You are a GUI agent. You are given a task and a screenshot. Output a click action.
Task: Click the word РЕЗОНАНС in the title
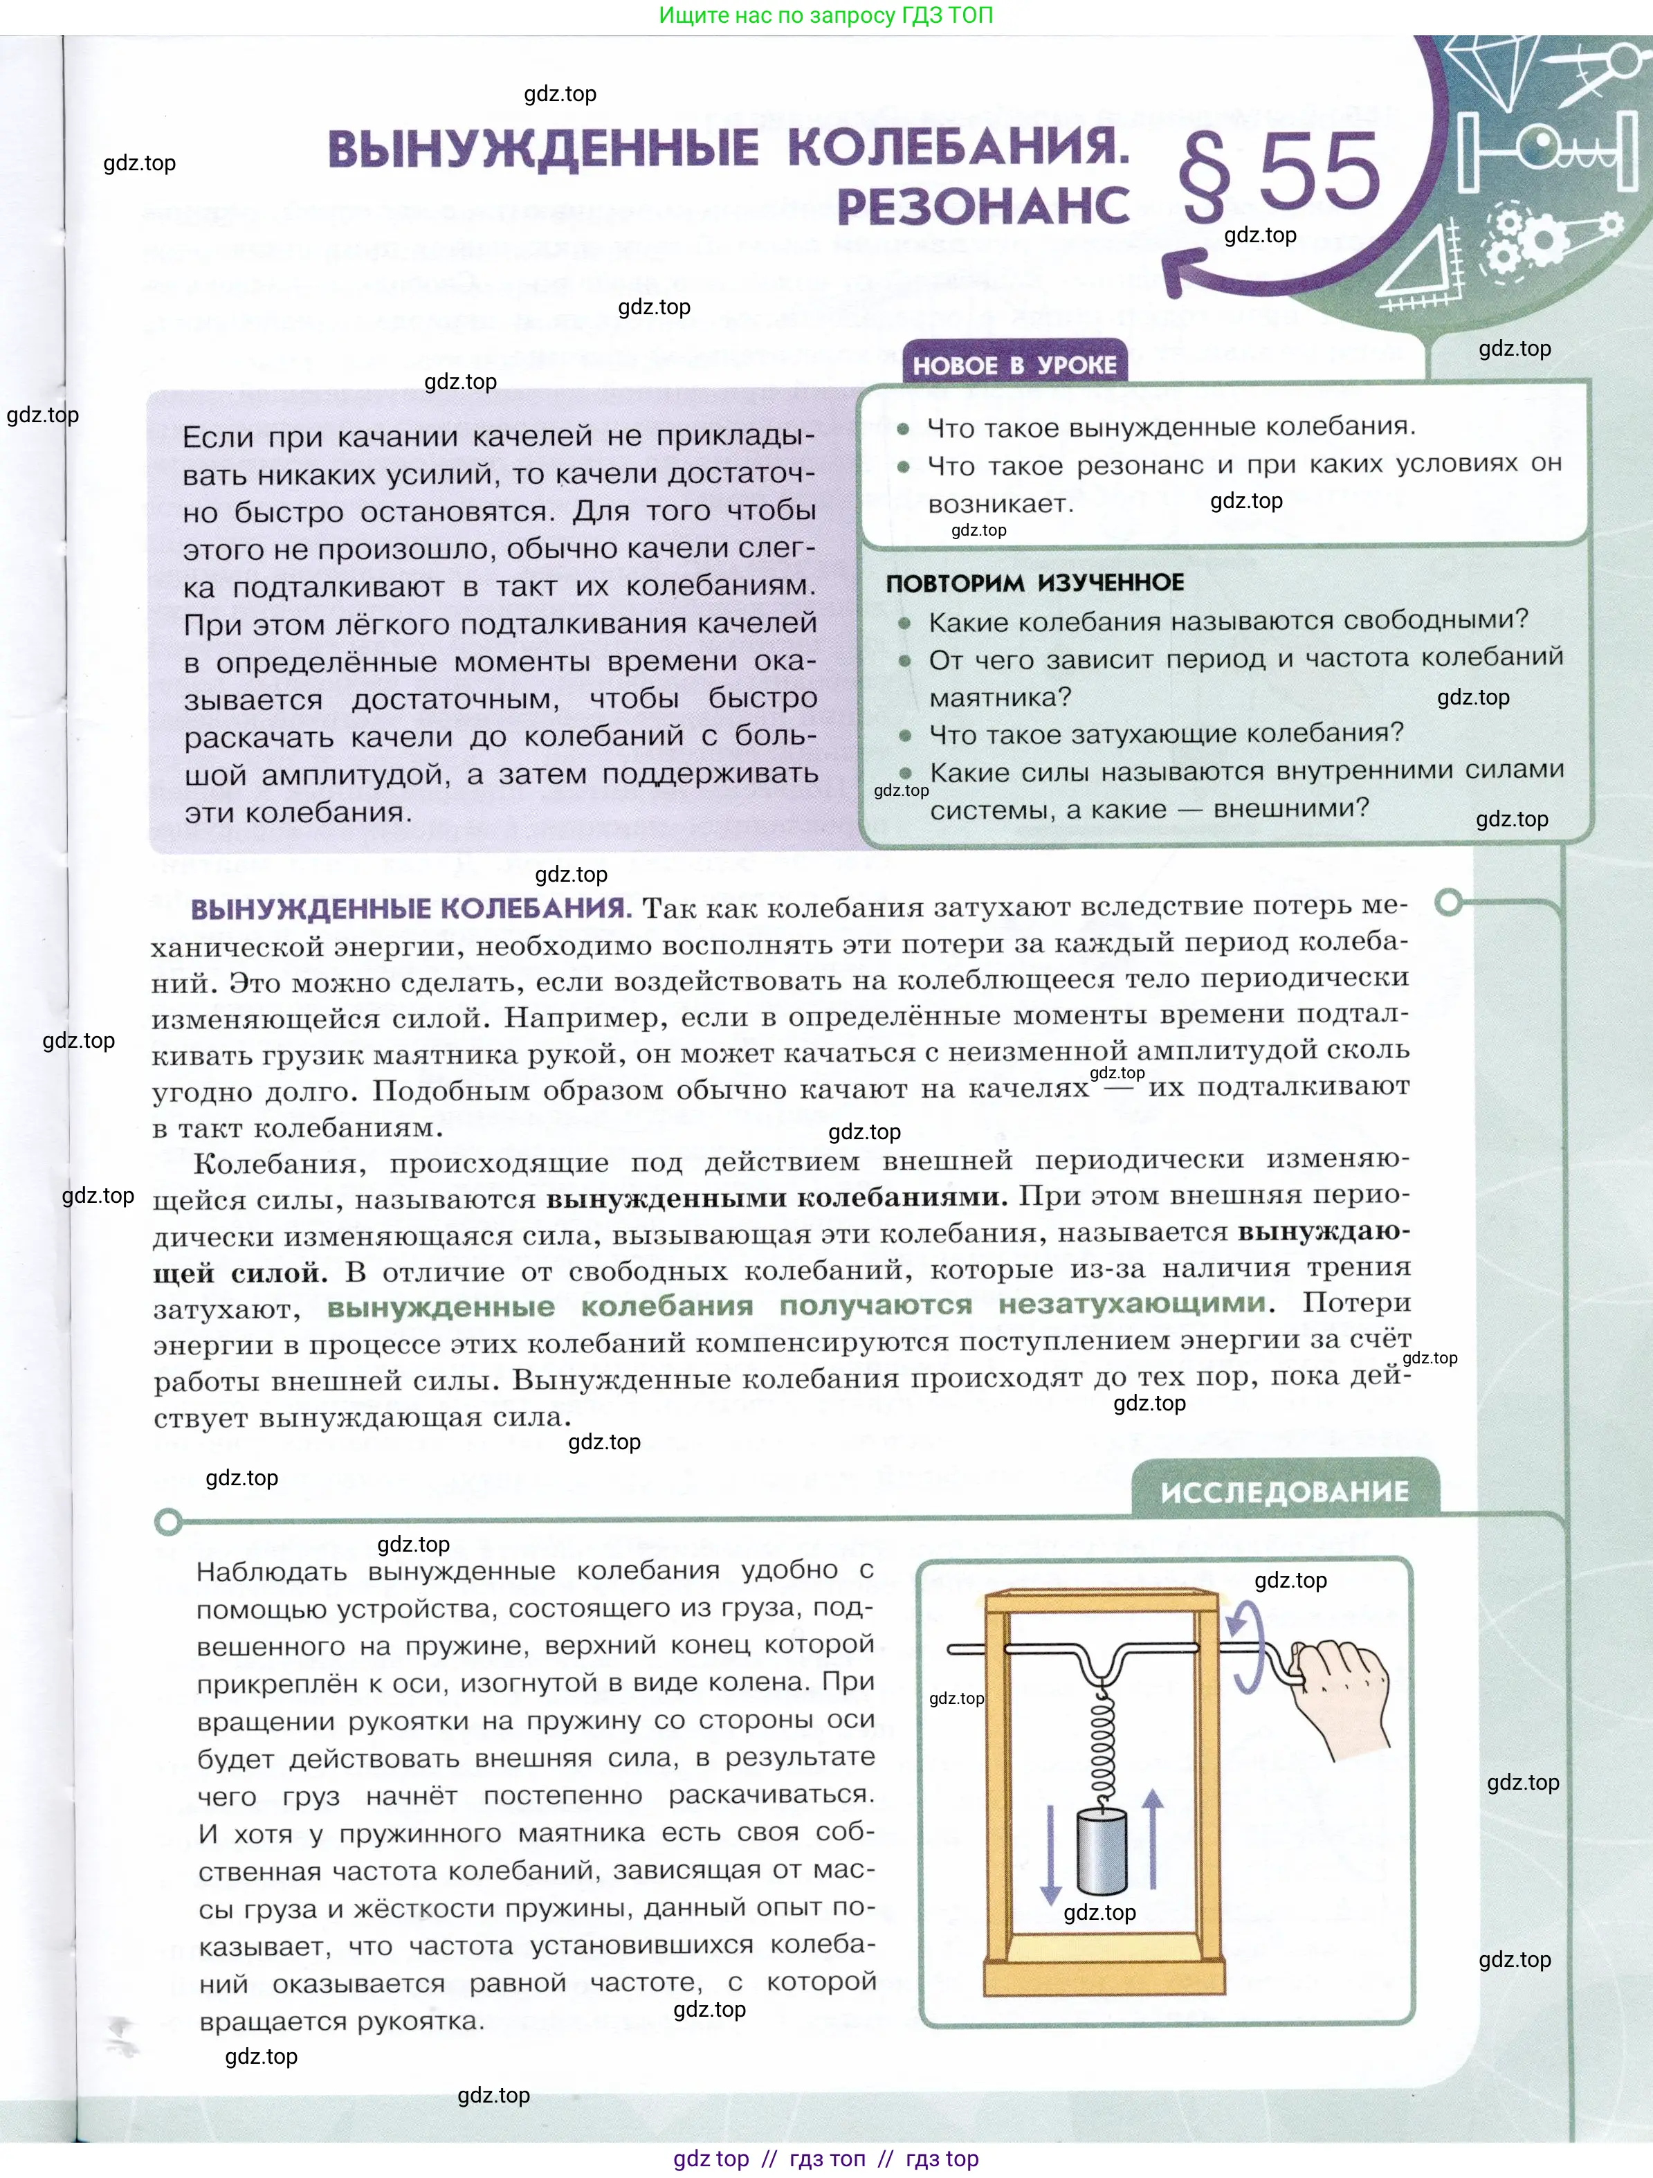pos(983,206)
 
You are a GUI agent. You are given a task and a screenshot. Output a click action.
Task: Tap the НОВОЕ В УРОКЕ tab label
pos(1014,365)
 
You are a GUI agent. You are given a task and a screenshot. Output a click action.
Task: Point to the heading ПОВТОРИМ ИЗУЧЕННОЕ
pos(1034,583)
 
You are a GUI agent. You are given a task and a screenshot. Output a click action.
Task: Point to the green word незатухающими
pos(1132,1305)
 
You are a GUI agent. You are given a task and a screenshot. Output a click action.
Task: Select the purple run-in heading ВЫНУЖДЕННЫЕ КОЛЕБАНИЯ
pos(410,908)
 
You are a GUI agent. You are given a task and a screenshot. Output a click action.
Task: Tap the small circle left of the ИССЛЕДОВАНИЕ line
pos(168,1522)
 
